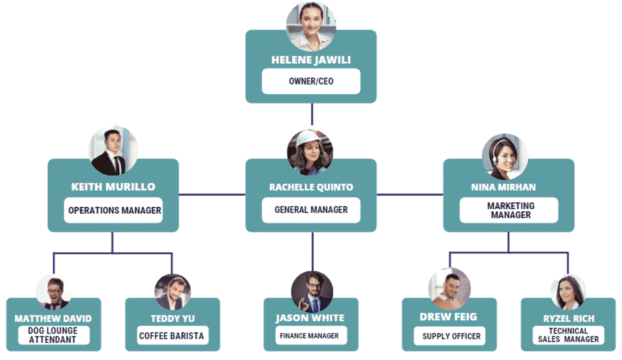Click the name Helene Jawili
pos(311,60)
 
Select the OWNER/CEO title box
pos(311,82)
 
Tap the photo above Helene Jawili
pos(311,26)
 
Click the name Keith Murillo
pos(113,187)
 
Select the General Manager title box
pos(311,209)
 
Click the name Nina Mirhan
pos(508,187)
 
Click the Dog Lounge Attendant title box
pos(53,335)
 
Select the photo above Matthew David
pos(53,292)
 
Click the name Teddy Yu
pos(173,319)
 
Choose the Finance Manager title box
pos(311,335)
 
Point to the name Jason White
pos(310,318)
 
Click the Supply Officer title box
pos(452,336)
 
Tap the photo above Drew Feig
pos(448,289)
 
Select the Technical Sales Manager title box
pos(568,335)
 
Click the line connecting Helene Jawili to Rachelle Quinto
pos(312,115)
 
